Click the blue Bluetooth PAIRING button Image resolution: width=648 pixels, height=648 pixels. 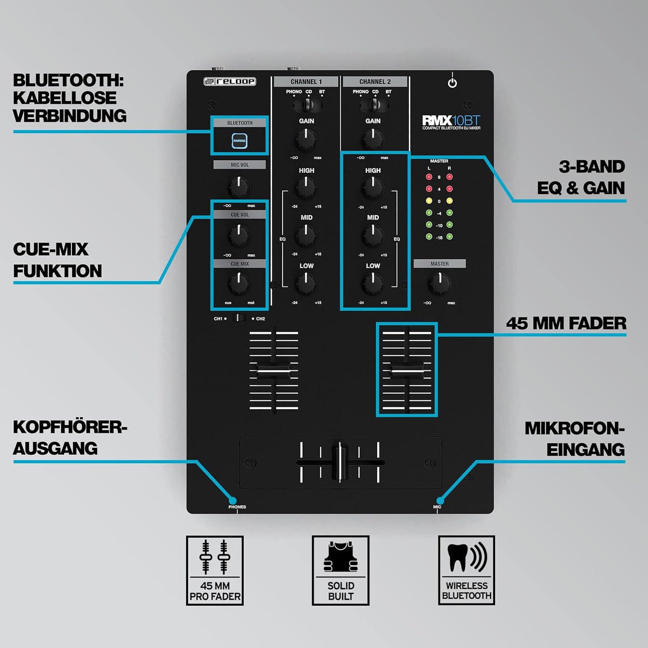(x=239, y=141)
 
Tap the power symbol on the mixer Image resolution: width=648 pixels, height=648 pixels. (x=452, y=82)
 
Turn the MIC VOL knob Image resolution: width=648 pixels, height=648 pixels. (x=239, y=187)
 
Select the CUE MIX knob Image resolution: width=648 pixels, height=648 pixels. (x=239, y=283)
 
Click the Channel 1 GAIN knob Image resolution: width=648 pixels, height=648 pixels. (x=306, y=139)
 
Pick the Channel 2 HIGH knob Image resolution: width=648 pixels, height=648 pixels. (x=373, y=187)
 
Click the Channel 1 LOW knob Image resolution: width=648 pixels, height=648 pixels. (x=306, y=283)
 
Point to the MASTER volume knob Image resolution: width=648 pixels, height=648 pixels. (x=439, y=283)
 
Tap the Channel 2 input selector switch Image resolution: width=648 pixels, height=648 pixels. (x=374, y=105)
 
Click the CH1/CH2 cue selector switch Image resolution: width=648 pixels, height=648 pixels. (x=239, y=318)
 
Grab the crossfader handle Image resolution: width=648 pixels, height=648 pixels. (x=340, y=462)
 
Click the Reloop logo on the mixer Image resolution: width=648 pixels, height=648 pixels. (x=230, y=82)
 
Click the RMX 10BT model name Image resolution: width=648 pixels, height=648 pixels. (x=451, y=120)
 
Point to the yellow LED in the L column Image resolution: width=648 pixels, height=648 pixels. (x=429, y=201)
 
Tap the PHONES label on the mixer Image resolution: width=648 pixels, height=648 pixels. (x=237, y=507)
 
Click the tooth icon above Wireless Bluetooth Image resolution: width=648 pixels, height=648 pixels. (x=458, y=557)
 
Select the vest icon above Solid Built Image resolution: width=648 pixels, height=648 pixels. (x=341, y=557)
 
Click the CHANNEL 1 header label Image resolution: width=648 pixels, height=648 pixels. (x=306, y=82)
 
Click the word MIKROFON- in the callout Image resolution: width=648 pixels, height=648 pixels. (x=574, y=428)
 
